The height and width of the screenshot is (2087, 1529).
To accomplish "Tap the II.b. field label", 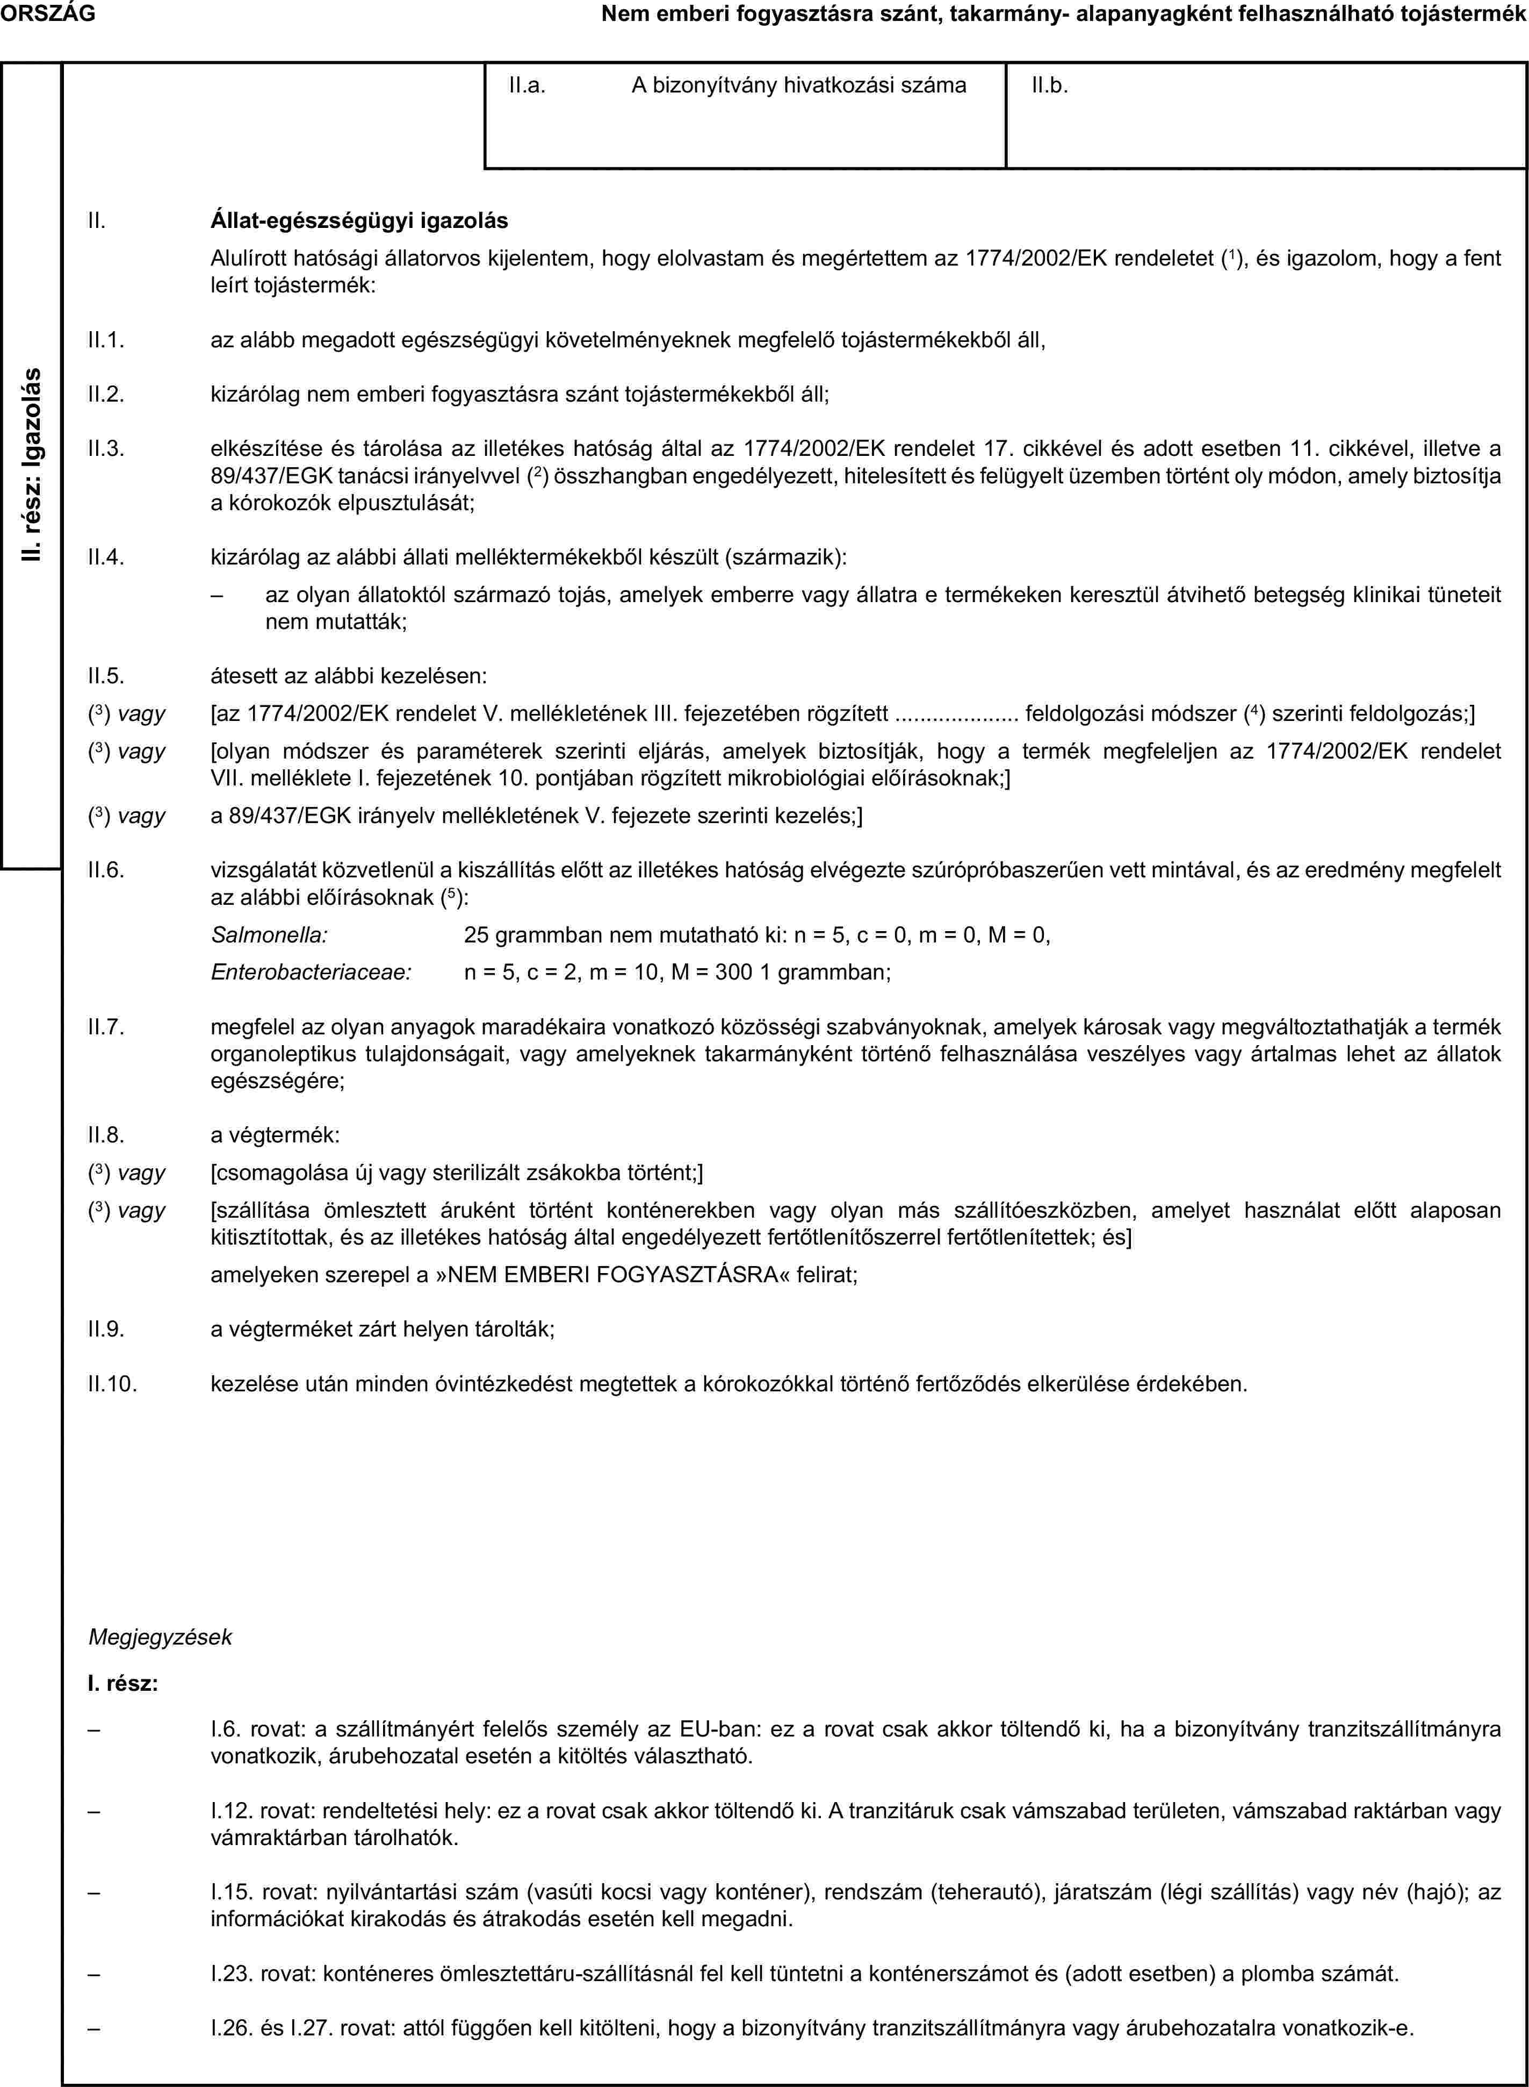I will pyautogui.click(x=1050, y=86).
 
